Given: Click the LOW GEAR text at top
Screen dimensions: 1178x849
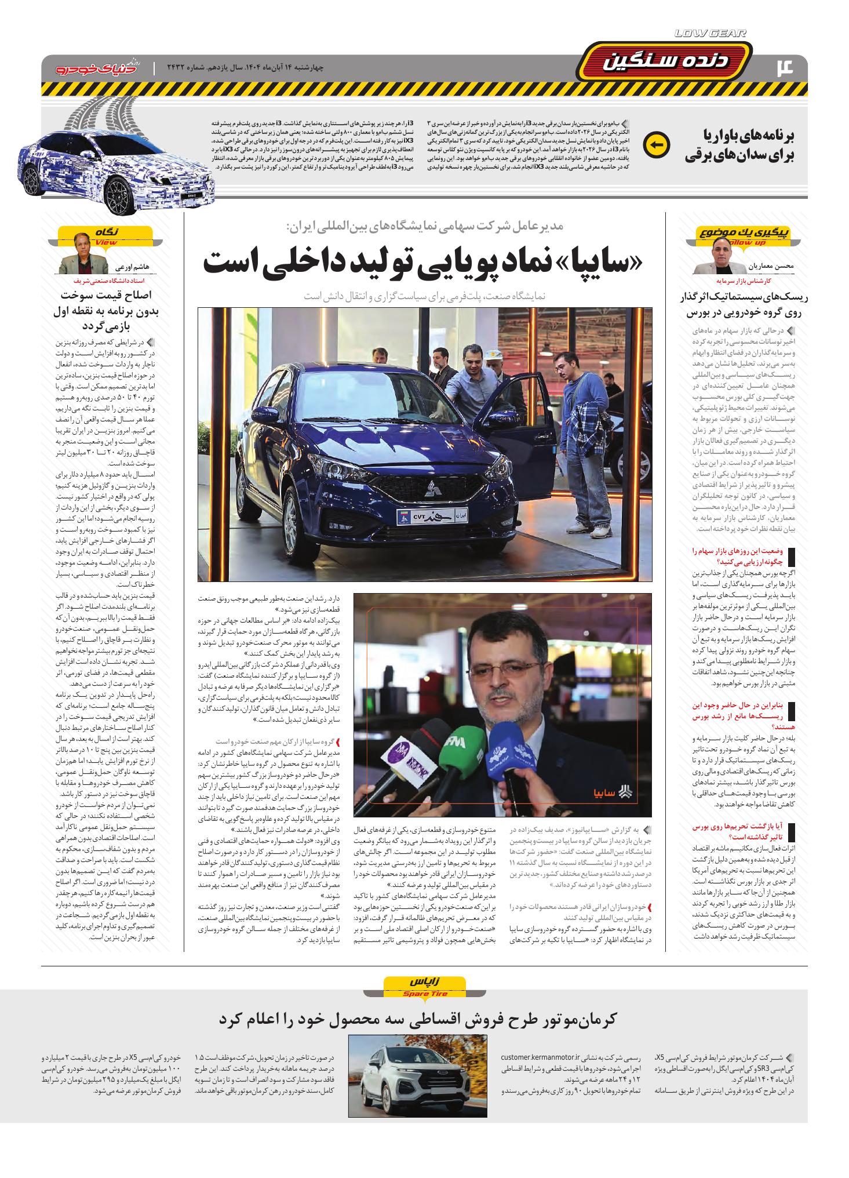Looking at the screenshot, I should (710, 34).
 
